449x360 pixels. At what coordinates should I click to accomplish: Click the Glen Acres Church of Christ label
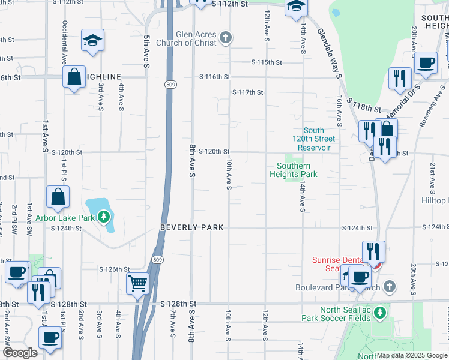(x=186, y=38)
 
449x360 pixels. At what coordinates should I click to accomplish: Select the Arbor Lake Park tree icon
(x=104, y=216)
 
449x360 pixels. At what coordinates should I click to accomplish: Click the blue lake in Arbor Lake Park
(x=100, y=211)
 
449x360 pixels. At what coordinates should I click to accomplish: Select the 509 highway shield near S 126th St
(x=157, y=260)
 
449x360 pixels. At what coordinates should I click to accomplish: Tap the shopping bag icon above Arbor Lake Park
(x=58, y=197)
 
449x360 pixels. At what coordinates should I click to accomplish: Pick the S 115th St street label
(x=267, y=62)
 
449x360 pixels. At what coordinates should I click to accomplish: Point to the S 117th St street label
(x=248, y=92)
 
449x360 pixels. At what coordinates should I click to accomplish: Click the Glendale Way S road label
(x=330, y=53)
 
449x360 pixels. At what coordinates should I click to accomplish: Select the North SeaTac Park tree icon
(x=379, y=312)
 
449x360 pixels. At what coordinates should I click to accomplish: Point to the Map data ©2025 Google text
(x=411, y=355)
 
